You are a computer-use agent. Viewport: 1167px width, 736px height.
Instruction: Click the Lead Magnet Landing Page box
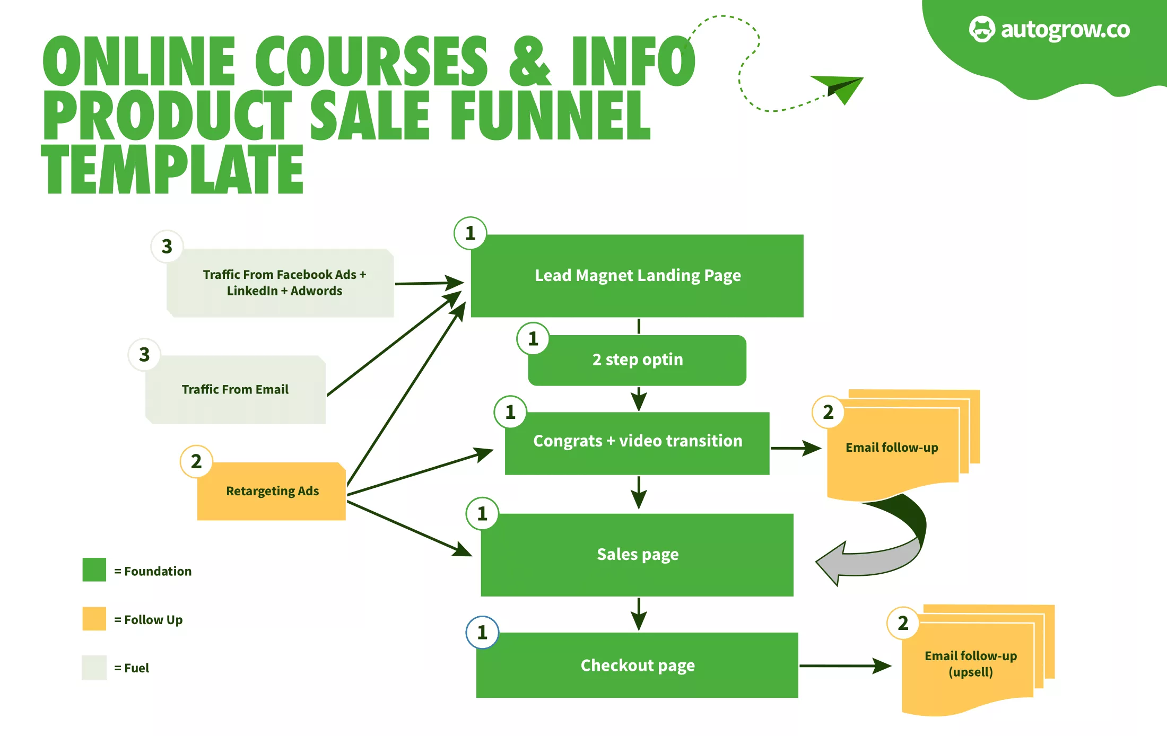click(637, 276)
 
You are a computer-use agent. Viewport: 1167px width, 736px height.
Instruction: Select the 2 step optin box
click(637, 360)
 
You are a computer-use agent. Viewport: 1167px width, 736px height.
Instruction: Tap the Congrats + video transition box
click(637, 442)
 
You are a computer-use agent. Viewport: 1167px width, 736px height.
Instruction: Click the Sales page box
click(637, 555)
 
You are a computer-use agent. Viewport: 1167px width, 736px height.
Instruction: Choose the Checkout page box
click(637, 665)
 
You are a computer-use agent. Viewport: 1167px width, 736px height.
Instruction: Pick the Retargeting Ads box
click(272, 492)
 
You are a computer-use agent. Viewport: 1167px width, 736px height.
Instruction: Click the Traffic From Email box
click(235, 390)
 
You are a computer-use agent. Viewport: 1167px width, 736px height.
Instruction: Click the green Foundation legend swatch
click(94, 570)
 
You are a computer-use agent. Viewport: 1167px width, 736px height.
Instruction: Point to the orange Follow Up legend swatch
click(94, 619)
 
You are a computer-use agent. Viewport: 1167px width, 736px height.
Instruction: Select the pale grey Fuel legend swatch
click(94, 668)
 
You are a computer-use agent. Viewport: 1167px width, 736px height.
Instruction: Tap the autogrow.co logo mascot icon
click(981, 29)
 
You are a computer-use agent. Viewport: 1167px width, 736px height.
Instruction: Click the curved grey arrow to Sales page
click(875, 557)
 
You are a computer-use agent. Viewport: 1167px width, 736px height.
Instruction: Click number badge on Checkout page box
click(482, 632)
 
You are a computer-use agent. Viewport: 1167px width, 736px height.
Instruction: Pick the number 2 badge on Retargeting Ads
click(196, 461)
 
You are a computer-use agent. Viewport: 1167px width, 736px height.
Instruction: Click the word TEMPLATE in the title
click(173, 169)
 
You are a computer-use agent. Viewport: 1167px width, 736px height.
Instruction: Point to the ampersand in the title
click(529, 61)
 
